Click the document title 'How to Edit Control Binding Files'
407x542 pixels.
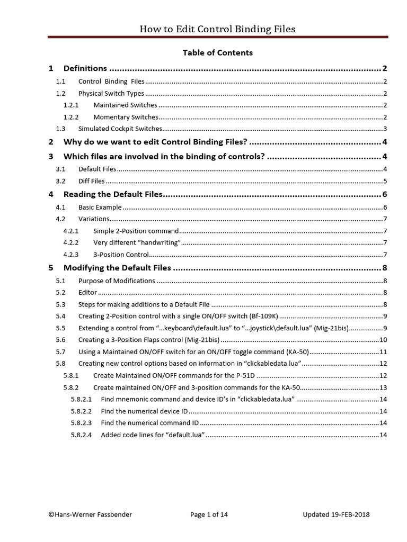[x=217, y=30]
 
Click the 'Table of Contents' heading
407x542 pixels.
[x=217, y=53]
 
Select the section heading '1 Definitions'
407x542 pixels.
[x=85, y=68]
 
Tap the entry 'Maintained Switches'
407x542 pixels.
[x=125, y=105]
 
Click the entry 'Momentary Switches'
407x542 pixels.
[x=125, y=117]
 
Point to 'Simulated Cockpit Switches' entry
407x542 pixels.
[x=120, y=129]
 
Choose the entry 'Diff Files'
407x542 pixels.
[x=91, y=181]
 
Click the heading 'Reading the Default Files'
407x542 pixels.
[x=112, y=195]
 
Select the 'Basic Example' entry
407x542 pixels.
[x=100, y=207]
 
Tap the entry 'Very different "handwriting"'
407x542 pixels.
[x=137, y=242]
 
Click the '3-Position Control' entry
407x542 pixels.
[x=121, y=255]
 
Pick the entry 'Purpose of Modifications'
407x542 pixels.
[x=117, y=281]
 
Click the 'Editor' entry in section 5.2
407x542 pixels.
[x=87, y=292]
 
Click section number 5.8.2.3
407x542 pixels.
[x=81, y=423]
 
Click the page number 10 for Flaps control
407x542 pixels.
[x=383, y=340]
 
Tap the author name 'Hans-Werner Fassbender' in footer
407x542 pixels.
[x=89, y=514]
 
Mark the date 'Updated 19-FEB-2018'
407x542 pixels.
[x=336, y=514]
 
